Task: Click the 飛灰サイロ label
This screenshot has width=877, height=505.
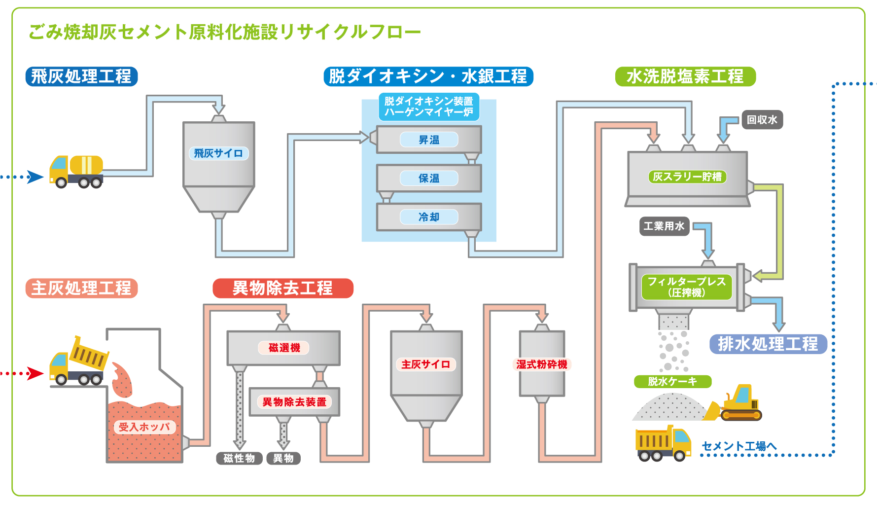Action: coord(218,153)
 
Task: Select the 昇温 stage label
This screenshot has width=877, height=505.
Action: coord(429,140)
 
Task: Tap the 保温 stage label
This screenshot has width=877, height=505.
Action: coord(429,178)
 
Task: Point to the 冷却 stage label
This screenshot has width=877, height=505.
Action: coord(429,217)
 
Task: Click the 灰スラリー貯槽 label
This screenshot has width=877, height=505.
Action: coord(687,177)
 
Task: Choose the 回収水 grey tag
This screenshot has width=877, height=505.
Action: coord(762,120)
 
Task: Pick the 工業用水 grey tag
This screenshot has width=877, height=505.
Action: coord(664,226)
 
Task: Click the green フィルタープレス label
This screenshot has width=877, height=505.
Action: coord(687,287)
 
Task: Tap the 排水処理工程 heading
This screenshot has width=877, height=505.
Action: coord(768,344)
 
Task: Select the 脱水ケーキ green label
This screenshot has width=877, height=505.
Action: coord(672,381)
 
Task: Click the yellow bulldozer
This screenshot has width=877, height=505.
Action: coord(733,403)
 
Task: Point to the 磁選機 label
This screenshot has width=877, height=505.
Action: coord(284,348)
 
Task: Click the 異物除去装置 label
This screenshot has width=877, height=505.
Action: coord(294,402)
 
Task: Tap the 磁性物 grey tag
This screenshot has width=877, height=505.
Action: coord(239,458)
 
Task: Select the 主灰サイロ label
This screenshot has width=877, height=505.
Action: coord(426,364)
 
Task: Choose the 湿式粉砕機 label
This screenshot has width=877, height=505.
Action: coord(542,364)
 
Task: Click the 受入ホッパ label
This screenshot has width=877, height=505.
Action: coord(144,427)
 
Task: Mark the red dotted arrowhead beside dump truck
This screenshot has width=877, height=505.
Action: coord(35,373)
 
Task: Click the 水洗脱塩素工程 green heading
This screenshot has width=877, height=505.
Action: coord(685,76)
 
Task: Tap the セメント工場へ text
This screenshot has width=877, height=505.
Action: coord(738,446)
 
